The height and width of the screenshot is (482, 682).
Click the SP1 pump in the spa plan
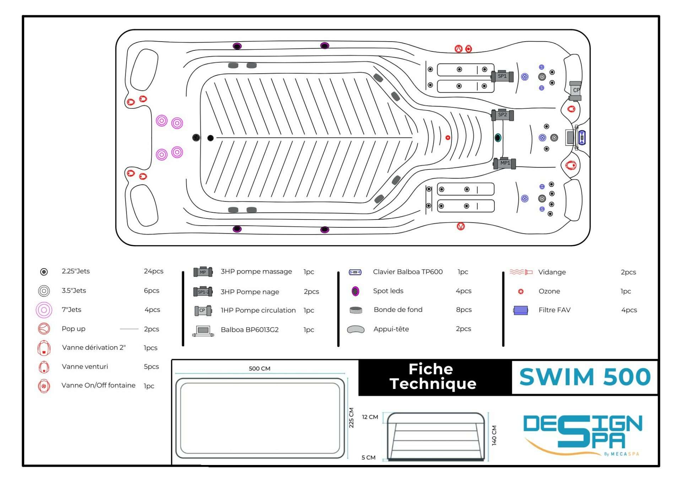(502, 76)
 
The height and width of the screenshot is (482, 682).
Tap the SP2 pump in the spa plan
(502, 115)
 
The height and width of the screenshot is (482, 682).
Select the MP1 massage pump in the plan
(504, 163)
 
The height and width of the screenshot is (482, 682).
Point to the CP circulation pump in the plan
(575, 90)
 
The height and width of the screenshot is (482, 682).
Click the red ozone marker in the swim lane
(448, 137)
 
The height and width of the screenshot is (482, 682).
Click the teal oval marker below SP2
(498, 137)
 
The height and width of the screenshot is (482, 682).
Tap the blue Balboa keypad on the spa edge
(582, 137)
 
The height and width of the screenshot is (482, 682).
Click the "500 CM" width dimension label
(259, 368)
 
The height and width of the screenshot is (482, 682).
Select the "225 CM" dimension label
(351, 417)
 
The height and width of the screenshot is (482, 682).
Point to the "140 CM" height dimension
(494, 435)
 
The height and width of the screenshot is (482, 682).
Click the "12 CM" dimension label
(370, 417)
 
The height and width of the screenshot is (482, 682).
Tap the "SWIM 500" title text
(585, 377)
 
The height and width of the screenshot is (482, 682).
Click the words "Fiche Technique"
(432, 377)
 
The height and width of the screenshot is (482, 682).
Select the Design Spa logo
(583, 434)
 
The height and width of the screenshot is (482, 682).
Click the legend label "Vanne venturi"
(85, 366)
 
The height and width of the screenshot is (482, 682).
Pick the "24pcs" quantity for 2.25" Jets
(153, 271)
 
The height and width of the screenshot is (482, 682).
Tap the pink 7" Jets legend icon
(44, 310)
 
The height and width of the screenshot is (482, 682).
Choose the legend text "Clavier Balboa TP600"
(408, 272)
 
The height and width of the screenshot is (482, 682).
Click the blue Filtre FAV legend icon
(520, 310)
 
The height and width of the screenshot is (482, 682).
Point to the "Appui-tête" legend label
(391, 329)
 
